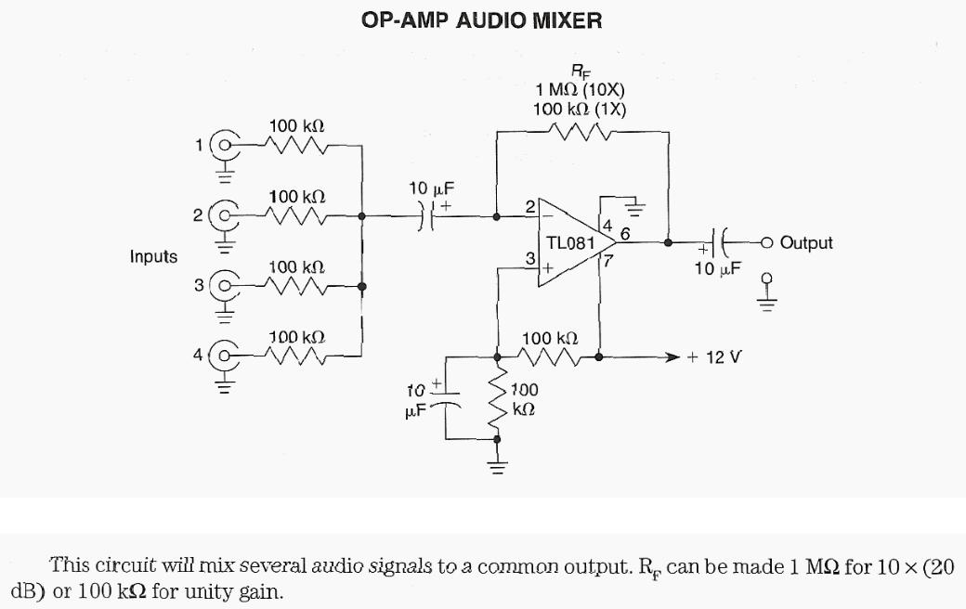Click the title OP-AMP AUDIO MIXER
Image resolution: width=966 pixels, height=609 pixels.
tap(481, 20)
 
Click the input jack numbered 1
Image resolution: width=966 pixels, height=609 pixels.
tap(224, 146)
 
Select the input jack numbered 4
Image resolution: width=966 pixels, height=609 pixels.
tap(224, 354)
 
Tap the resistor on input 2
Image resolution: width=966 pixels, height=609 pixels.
tap(295, 216)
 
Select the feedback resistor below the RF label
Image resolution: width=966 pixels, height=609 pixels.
tap(581, 132)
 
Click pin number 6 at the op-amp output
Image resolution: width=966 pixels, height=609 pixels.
tap(625, 233)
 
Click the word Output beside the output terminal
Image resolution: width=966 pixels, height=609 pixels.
tap(806, 243)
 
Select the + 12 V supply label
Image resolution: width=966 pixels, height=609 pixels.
tap(713, 356)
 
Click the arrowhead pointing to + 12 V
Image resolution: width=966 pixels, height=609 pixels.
tap(674, 356)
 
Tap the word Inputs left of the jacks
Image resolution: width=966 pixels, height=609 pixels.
tap(153, 256)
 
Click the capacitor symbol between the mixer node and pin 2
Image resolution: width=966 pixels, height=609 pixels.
tap(426, 217)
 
